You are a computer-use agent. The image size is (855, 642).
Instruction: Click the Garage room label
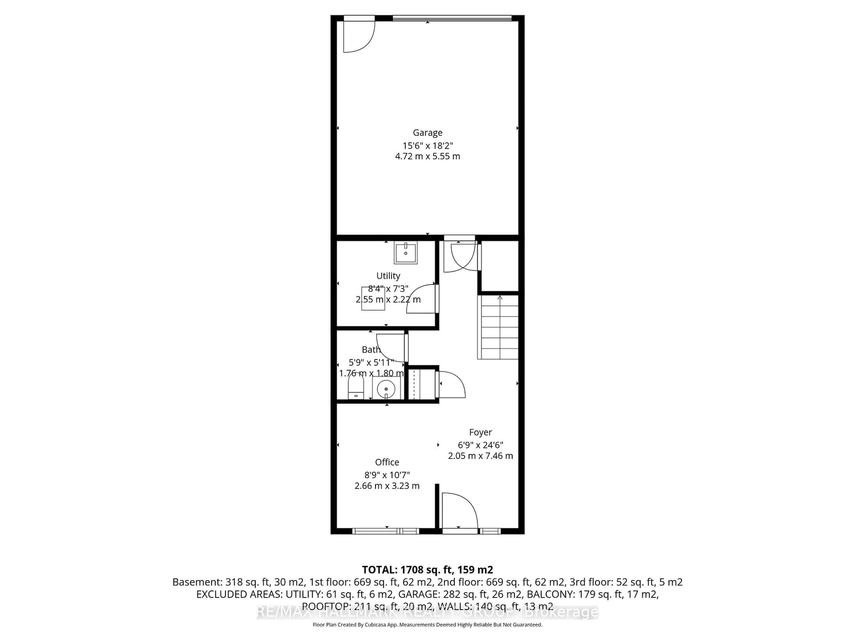(427, 133)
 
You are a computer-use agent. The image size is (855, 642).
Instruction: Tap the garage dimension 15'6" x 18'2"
(427, 146)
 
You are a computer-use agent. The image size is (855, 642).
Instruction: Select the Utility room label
(388, 276)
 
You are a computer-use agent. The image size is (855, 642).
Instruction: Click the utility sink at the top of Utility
(405, 253)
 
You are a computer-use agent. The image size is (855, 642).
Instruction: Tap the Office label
(387, 462)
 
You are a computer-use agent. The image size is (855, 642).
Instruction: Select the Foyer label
(480, 432)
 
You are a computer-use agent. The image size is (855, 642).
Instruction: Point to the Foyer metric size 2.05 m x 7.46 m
(480, 456)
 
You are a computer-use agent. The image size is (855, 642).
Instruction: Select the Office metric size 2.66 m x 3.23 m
(387, 486)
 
